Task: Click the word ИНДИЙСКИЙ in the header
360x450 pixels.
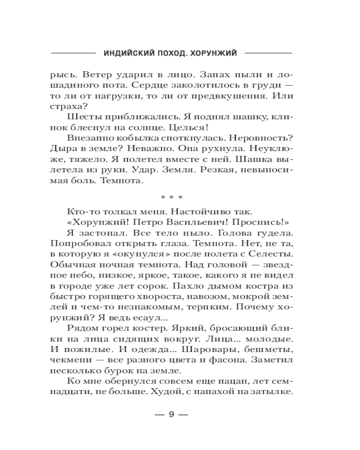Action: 127,53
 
